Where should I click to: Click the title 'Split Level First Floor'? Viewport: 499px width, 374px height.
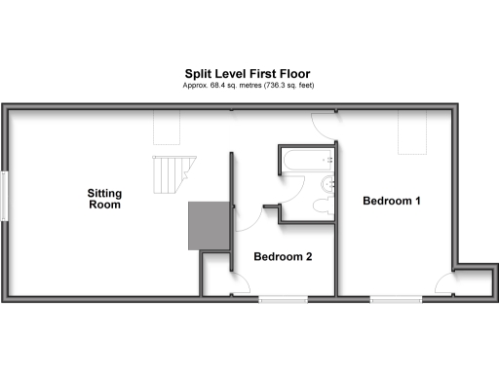pos(248,73)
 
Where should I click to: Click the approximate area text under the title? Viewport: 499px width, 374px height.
pos(248,86)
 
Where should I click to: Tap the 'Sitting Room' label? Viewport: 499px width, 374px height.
pos(104,199)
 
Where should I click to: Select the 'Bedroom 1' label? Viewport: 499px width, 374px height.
pos(391,202)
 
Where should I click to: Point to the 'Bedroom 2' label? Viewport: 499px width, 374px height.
pos(283,257)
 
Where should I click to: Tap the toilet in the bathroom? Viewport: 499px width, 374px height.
pos(324,205)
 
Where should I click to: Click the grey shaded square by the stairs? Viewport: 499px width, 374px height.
pos(208,226)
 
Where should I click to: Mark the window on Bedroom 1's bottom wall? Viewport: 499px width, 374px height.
pos(395,298)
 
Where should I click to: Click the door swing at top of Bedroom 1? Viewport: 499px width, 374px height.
pos(323,121)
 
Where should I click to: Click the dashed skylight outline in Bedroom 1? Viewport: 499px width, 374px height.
pos(413,131)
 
